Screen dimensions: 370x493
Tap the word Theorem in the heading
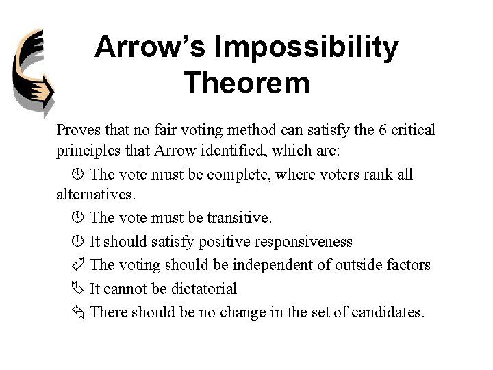click(x=246, y=84)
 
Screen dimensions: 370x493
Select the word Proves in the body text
click(x=78, y=130)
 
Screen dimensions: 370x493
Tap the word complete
click(x=238, y=174)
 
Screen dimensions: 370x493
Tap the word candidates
click(x=389, y=312)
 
